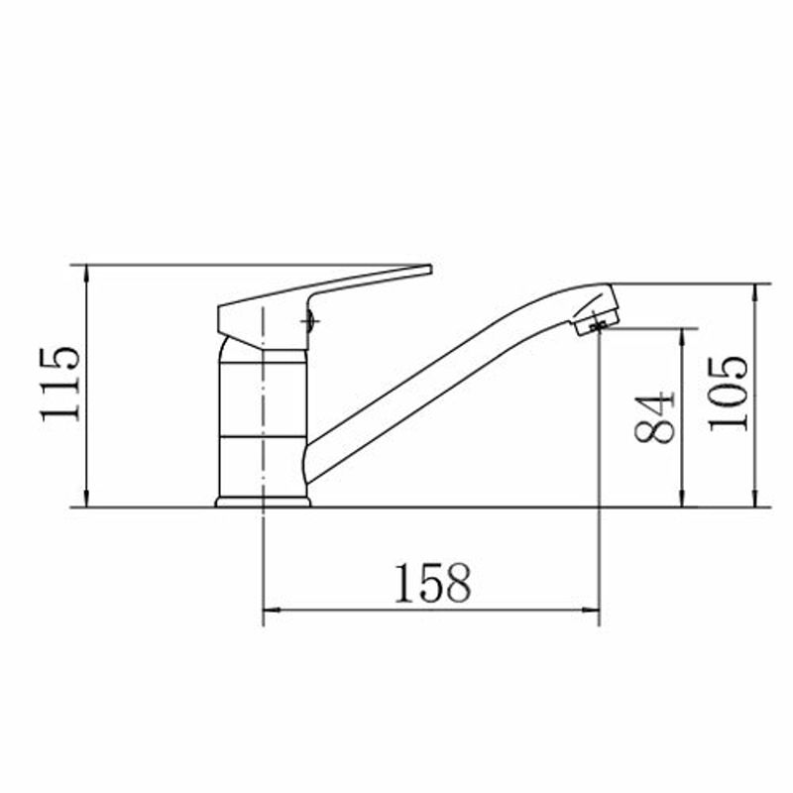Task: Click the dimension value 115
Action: pos(60,384)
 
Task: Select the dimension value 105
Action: pos(728,394)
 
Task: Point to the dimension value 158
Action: pos(432,583)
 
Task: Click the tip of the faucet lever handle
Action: pos(430,270)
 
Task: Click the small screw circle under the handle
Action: pos(309,320)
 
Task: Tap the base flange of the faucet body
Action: pos(263,502)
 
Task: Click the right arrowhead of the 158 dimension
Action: pos(591,610)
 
